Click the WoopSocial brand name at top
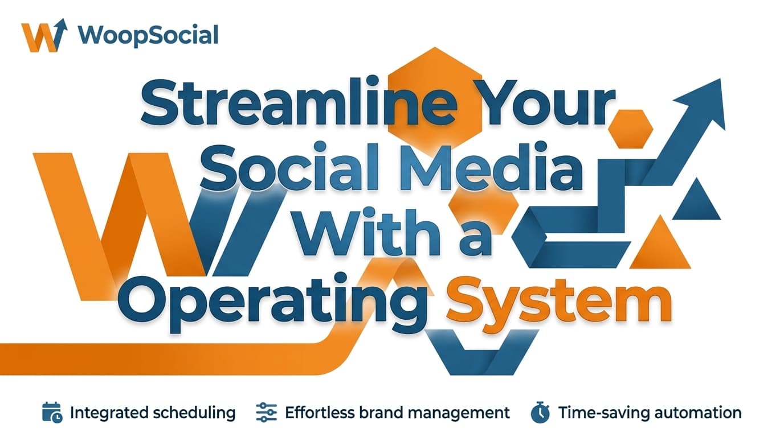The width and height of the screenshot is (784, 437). click(x=148, y=35)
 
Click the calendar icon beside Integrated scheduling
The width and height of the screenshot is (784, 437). click(x=52, y=412)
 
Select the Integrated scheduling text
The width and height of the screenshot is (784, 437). click(x=153, y=413)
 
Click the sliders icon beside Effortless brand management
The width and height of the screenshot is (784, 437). click(x=266, y=412)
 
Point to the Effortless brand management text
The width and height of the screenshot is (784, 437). click(x=397, y=413)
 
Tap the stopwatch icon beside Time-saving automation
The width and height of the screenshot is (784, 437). click(x=540, y=413)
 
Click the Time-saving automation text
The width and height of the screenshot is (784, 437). click(x=650, y=413)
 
